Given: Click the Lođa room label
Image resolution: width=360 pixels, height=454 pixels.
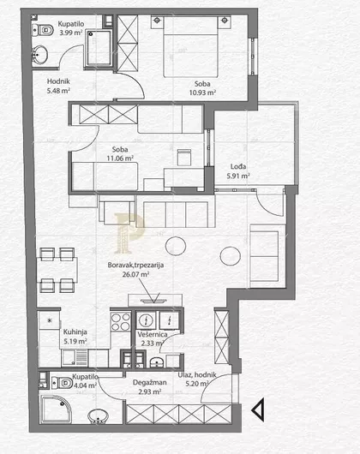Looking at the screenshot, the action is [238, 166].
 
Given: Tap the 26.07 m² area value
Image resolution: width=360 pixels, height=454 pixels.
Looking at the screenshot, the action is [135, 274].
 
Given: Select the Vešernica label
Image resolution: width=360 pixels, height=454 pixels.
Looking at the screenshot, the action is [153, 334].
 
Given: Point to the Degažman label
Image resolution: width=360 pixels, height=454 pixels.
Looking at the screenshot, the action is [149, 382].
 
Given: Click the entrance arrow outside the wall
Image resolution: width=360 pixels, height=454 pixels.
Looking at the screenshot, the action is [258, 409].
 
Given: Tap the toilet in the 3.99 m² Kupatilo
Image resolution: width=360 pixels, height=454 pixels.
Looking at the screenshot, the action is [43, 30].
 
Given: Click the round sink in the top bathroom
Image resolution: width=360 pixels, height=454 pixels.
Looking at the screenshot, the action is [39, 55].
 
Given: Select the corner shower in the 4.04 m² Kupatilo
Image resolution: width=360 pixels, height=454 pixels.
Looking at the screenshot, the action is [56, 409].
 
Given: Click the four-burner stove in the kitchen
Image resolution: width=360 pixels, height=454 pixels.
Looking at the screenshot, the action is [121, 322].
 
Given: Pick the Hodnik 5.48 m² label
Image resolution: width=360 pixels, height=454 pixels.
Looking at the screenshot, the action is [58, 86].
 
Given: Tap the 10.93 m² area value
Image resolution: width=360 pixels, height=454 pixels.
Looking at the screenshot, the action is [202, 93].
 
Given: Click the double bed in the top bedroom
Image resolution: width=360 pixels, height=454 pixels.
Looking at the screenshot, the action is [190, 46].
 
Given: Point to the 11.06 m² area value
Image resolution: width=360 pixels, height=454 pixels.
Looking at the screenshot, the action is [120, 158].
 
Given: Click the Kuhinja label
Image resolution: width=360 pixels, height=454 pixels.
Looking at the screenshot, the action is [75, 332].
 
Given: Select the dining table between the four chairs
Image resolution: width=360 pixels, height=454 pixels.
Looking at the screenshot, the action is [57, 270].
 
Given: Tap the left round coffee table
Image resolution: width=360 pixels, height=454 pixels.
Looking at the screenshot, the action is [176, 246].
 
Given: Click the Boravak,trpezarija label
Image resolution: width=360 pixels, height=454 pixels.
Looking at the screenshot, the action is [135, 265].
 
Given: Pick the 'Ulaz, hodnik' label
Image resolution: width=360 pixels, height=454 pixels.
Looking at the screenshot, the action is [197, 374].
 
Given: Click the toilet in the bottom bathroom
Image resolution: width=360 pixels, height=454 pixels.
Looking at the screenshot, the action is [62, 383].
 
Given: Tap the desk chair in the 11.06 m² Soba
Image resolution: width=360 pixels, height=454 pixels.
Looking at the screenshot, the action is [184, 157].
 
